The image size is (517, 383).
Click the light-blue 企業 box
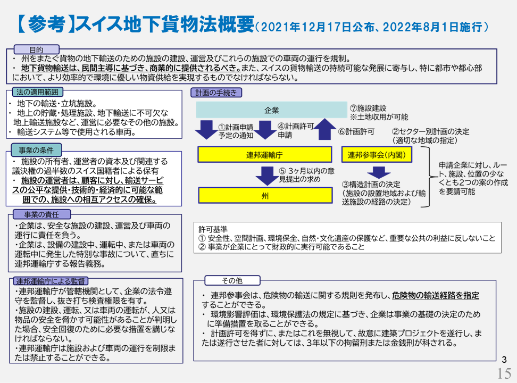271,111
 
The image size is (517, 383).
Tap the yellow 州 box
265,196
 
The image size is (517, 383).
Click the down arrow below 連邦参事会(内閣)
379,172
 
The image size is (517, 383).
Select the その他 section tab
231,280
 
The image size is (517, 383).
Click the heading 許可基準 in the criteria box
210,229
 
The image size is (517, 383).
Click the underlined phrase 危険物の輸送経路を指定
436,295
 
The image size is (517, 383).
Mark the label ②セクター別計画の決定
431,131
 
